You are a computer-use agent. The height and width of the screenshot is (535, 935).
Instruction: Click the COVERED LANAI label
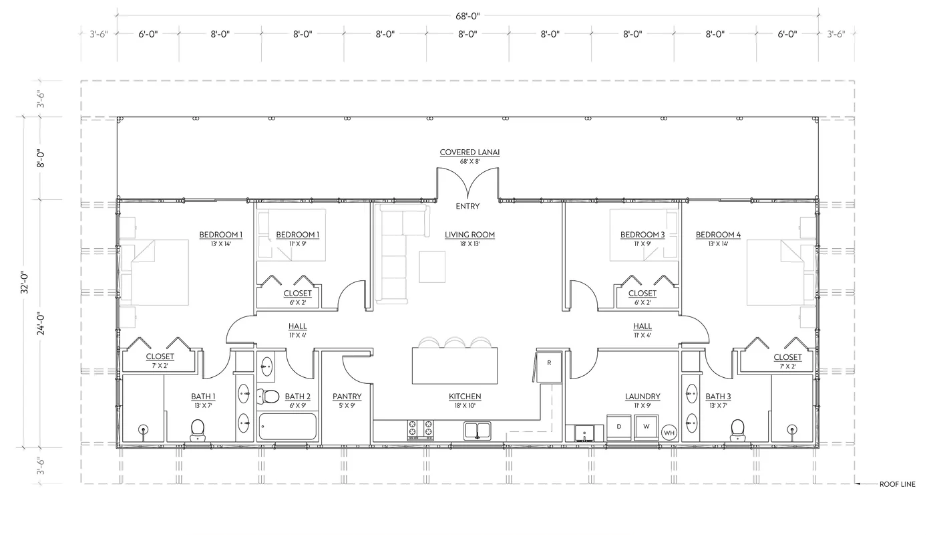(469, 152)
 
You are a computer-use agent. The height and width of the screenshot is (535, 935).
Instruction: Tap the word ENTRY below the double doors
(467, 206)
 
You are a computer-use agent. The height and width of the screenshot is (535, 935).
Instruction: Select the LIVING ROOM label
(470, 235)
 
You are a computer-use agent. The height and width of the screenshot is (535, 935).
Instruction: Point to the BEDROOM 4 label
(718, 235)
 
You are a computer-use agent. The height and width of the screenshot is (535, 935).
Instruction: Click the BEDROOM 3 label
(642, 235)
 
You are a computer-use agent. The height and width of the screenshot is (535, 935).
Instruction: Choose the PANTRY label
(347, 397)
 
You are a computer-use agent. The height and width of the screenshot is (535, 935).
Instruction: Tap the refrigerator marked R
(549, 363)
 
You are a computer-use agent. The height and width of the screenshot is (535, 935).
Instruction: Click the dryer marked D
(619, 427)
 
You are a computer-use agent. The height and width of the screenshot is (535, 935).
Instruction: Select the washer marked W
(646, 427)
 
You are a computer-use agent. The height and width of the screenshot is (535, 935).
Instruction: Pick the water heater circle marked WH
(669, 433)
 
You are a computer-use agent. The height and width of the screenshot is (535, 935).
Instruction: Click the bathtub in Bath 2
(287, 426)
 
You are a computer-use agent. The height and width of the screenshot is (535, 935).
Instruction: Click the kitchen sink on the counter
(478, 429)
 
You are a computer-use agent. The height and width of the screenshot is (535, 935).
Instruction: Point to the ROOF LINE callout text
(897, 484)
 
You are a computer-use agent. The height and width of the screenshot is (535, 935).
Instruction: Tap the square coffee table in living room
(433, 265)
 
